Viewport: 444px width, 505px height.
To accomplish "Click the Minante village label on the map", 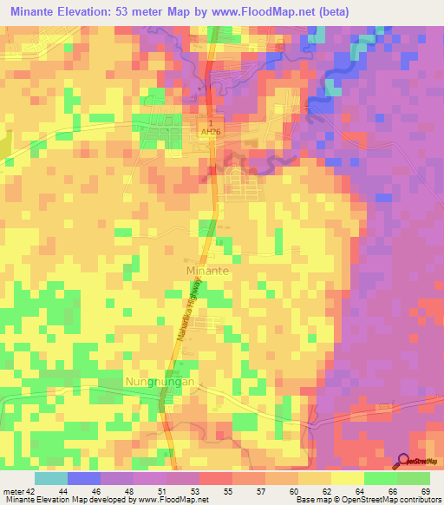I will tap(208, 271).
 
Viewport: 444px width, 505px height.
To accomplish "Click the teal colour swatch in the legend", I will tap(51, 478).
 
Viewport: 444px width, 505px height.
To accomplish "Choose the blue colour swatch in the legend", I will tap(84, 478).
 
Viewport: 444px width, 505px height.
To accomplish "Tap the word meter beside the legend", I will tap(12, 490).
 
